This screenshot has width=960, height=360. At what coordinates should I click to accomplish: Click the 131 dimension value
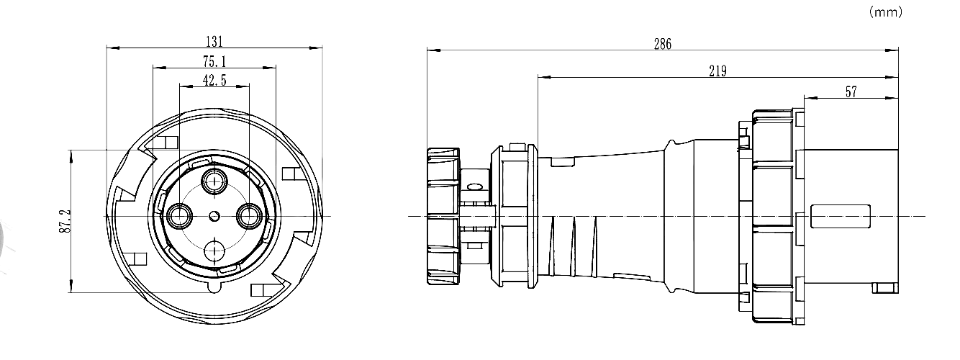click(x=214, y=42)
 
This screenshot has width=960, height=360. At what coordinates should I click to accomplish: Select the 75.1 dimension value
click(x=214, y=62)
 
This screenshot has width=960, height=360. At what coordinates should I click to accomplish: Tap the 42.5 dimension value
click(x=214, y=80)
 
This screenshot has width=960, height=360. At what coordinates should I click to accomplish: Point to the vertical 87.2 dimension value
click(x=65, y=221)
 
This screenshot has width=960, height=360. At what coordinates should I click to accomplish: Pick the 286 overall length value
click(x=663, y=44)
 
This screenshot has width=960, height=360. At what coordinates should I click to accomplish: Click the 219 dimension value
click(x=718, y=71)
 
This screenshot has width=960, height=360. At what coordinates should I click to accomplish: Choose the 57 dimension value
click(x=851, y=91)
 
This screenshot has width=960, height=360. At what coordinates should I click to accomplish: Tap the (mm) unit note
click(x=886, y=12)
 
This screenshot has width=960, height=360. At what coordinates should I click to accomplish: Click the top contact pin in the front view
click(x=214, y=181)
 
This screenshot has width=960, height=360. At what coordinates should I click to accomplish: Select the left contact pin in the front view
click(x=180, y=215)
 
